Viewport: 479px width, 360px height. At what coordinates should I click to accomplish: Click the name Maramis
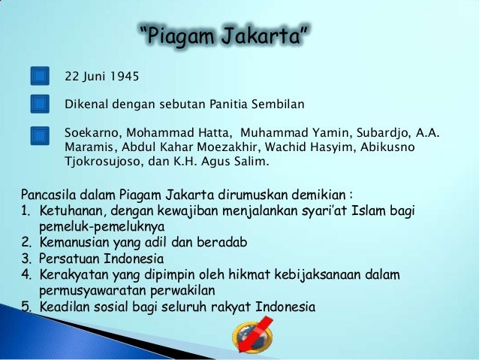click(89, 147)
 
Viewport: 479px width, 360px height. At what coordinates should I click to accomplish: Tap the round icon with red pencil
click(251, 335)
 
